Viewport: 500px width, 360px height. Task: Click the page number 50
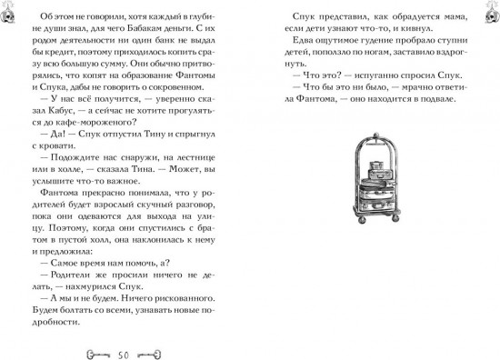125,352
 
